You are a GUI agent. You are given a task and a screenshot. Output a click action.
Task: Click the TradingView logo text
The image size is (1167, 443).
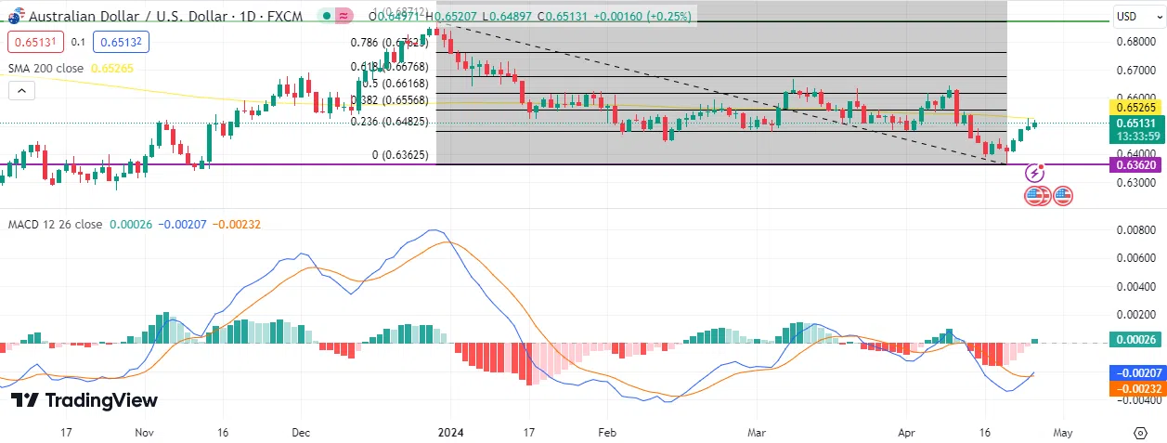tap(84, 400)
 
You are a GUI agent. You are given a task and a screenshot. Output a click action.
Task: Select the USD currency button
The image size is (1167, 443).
tap(1127, 16)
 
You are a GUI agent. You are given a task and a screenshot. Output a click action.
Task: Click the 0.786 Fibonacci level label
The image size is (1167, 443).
tap(389, 42)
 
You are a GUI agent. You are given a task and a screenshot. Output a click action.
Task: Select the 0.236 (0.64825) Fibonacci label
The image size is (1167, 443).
tap(389, 121)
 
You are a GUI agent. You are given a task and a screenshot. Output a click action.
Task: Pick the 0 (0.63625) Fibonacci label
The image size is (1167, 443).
tap(400, 155)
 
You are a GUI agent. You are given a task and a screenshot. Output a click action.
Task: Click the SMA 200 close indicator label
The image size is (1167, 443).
tap(45, 69)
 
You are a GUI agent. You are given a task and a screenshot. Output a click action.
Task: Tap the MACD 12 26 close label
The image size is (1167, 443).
tap(56, 225)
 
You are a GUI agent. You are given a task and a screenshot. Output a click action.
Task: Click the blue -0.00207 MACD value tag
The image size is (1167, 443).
tap(1136, 372)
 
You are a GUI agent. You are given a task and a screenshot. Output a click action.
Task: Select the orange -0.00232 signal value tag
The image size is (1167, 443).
tap(1136, 388)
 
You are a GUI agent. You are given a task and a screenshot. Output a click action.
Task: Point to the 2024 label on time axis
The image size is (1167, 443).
tap(450, 432)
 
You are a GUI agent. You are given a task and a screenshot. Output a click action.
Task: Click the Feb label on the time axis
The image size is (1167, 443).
tap(606, 432)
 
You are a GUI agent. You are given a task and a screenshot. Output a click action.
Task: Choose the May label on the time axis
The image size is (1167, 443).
tap(1063, 432)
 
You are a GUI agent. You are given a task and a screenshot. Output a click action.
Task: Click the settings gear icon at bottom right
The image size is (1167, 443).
tap(1140, 433)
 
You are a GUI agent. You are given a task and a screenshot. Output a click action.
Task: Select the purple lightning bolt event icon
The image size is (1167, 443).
tap(1035, 173)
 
